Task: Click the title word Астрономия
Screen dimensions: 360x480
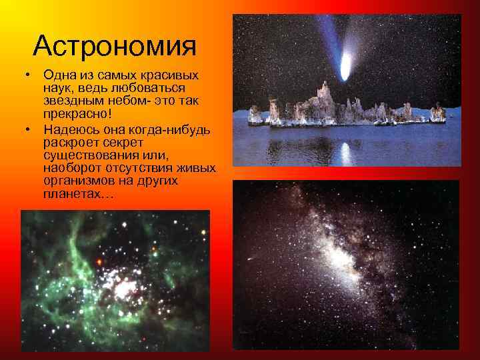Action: [115, 46]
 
